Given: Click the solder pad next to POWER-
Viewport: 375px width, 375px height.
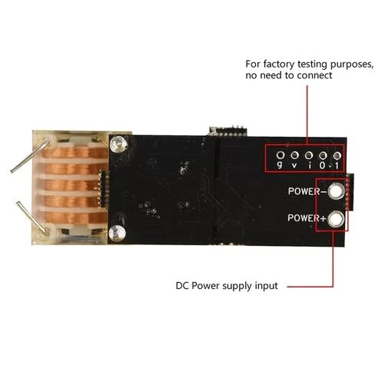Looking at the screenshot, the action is (x=336, y=191).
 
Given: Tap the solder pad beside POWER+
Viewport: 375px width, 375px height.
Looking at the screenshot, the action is (x=336, y=219).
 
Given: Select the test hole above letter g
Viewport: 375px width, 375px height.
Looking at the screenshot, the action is (x=280, y=155).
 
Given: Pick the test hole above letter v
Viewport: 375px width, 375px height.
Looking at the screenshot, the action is (x=295, y=155).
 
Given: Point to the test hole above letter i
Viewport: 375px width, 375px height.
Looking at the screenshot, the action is (x=309, y=155).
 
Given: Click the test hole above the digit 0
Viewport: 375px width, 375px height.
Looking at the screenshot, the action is (x=323, y=155).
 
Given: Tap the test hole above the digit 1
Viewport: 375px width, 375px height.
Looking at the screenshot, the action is (x=337, y=155).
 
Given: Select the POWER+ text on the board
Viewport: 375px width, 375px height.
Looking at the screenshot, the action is (x=307, y=218).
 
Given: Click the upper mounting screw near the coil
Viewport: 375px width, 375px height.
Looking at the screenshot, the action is (x=118, y=144).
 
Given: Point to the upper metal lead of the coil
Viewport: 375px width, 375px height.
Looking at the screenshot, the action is (x=30, y=155).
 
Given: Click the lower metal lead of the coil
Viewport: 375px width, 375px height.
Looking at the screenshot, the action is (x=32, y=217).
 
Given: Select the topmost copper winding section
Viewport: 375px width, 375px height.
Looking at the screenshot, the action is (x=75, y=153).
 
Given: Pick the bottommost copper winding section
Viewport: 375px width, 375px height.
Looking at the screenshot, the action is (x=76, y=217).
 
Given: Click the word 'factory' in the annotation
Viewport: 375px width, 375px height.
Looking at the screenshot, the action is (x=279, y=64).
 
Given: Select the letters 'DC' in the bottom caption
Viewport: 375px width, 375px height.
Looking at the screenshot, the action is (x=182, y=286).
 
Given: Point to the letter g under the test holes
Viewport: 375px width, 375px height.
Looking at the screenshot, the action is (x=280, y=165).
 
